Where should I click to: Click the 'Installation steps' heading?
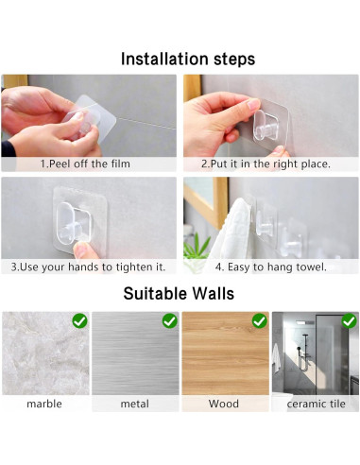188,60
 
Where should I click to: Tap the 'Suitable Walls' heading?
179,293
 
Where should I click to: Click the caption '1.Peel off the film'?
85,164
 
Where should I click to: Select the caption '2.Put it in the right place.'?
266,164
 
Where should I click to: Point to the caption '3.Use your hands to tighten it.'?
88,267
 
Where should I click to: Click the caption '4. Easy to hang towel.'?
271,267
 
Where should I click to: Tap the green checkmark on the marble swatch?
79,321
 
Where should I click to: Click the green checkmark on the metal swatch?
170,321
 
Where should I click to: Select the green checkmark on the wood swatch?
260,321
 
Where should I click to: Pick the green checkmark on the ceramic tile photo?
350,321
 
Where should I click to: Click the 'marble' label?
44,404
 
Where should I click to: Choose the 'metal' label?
135,404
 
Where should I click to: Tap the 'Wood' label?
224,404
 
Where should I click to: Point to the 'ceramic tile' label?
316,404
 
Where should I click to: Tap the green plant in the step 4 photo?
196,246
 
